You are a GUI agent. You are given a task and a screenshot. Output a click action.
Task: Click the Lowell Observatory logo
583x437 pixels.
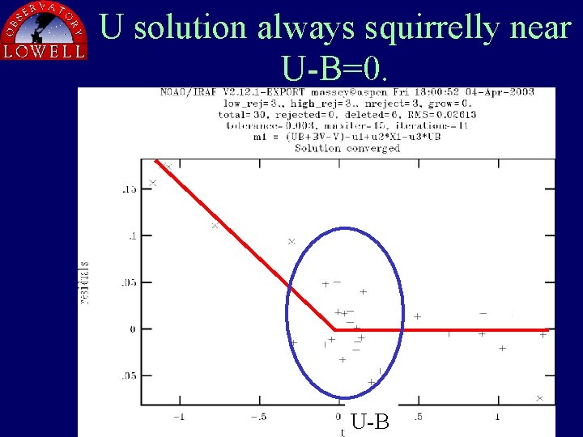point(44,31)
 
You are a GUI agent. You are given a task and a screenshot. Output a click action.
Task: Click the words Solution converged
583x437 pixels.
point(347,148)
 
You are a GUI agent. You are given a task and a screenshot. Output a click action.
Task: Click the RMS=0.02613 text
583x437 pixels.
point(441,114)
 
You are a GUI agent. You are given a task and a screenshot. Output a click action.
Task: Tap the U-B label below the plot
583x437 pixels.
point(371,422)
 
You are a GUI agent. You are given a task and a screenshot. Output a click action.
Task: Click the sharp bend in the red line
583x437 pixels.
point(334,329)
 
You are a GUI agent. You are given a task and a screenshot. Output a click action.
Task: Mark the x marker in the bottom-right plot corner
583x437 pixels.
point(539,398)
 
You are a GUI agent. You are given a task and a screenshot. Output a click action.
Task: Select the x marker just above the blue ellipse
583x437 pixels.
point(291,241)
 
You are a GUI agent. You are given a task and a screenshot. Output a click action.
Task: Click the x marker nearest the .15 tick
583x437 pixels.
point(153,183)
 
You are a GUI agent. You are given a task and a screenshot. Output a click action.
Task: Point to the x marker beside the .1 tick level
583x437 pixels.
point(215,226)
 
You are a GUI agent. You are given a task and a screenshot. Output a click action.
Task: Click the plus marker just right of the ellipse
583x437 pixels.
point(417,316)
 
